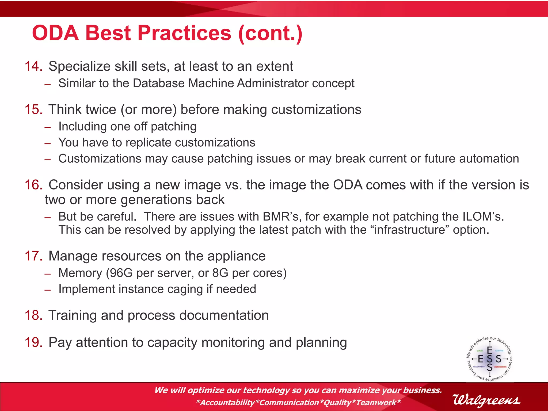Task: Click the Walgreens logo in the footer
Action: tap(486, 400)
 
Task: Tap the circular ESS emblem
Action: tap(490, 359)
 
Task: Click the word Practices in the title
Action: tap(184, 33)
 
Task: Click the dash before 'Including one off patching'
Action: tap(48, 127)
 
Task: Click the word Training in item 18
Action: tap(73, 315)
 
